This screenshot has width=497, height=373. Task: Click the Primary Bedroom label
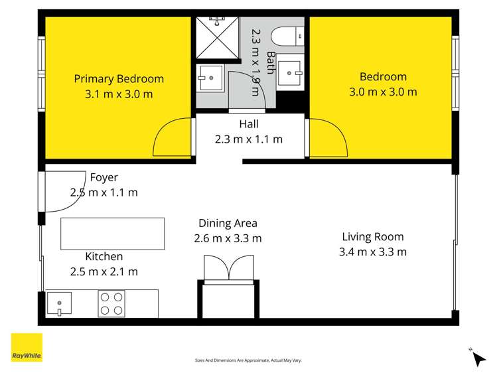(119, 79)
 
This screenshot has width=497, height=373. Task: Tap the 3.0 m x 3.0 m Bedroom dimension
(383, 92)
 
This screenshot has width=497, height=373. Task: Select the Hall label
(249, 124)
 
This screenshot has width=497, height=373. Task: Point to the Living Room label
(373, 237)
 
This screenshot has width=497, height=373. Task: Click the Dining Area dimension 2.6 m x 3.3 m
(228, 238)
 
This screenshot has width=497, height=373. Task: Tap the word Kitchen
(104, 256)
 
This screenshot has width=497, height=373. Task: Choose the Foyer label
(104, 177)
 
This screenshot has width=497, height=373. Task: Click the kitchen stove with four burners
(111, 303)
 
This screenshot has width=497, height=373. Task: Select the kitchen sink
(59, 303)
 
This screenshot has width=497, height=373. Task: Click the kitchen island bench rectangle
(113, 234)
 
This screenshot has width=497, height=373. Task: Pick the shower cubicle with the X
(217, 38)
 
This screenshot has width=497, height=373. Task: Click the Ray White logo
(27, 347)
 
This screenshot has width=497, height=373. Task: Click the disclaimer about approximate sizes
(248, 360)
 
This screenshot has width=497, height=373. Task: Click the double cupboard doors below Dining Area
(228, 268)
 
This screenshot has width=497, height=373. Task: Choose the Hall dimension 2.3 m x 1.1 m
(249, 139)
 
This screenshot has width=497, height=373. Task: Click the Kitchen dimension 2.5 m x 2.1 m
(104, 271)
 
